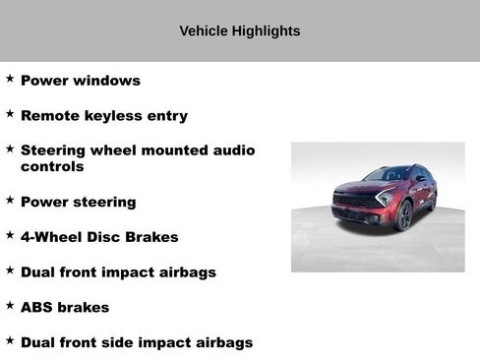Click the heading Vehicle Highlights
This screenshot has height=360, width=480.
pyautogui.click(x=239, y=31)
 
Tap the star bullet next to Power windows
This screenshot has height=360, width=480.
pyautogui.click(x=10, y=78)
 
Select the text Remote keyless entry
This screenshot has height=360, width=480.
pyautogui.click(x=103, y=116)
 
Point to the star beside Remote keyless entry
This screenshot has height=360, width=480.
pyautogui.click(x=10, y=113)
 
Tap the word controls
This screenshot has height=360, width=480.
pyautogui.click(x=52, y=167)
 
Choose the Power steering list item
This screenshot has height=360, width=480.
pyautogui.click(x=78, y=203)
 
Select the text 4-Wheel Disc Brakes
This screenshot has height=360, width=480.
pyautogui.click(x=99, y=237)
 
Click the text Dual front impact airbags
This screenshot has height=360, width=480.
pyautogui.click(x=118, y=272)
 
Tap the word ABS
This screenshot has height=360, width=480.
pyautogui.click(x=38, y=308)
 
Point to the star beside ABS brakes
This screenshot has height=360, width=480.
pyautogui.click(x=10, y=305)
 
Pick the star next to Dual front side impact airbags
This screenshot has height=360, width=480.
pyautogui.click(x=10, y=340)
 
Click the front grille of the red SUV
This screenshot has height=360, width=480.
pyautogui.click(x=353, y=202)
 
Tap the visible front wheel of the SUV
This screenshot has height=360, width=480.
pyautogui.click(x=403, y=214)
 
